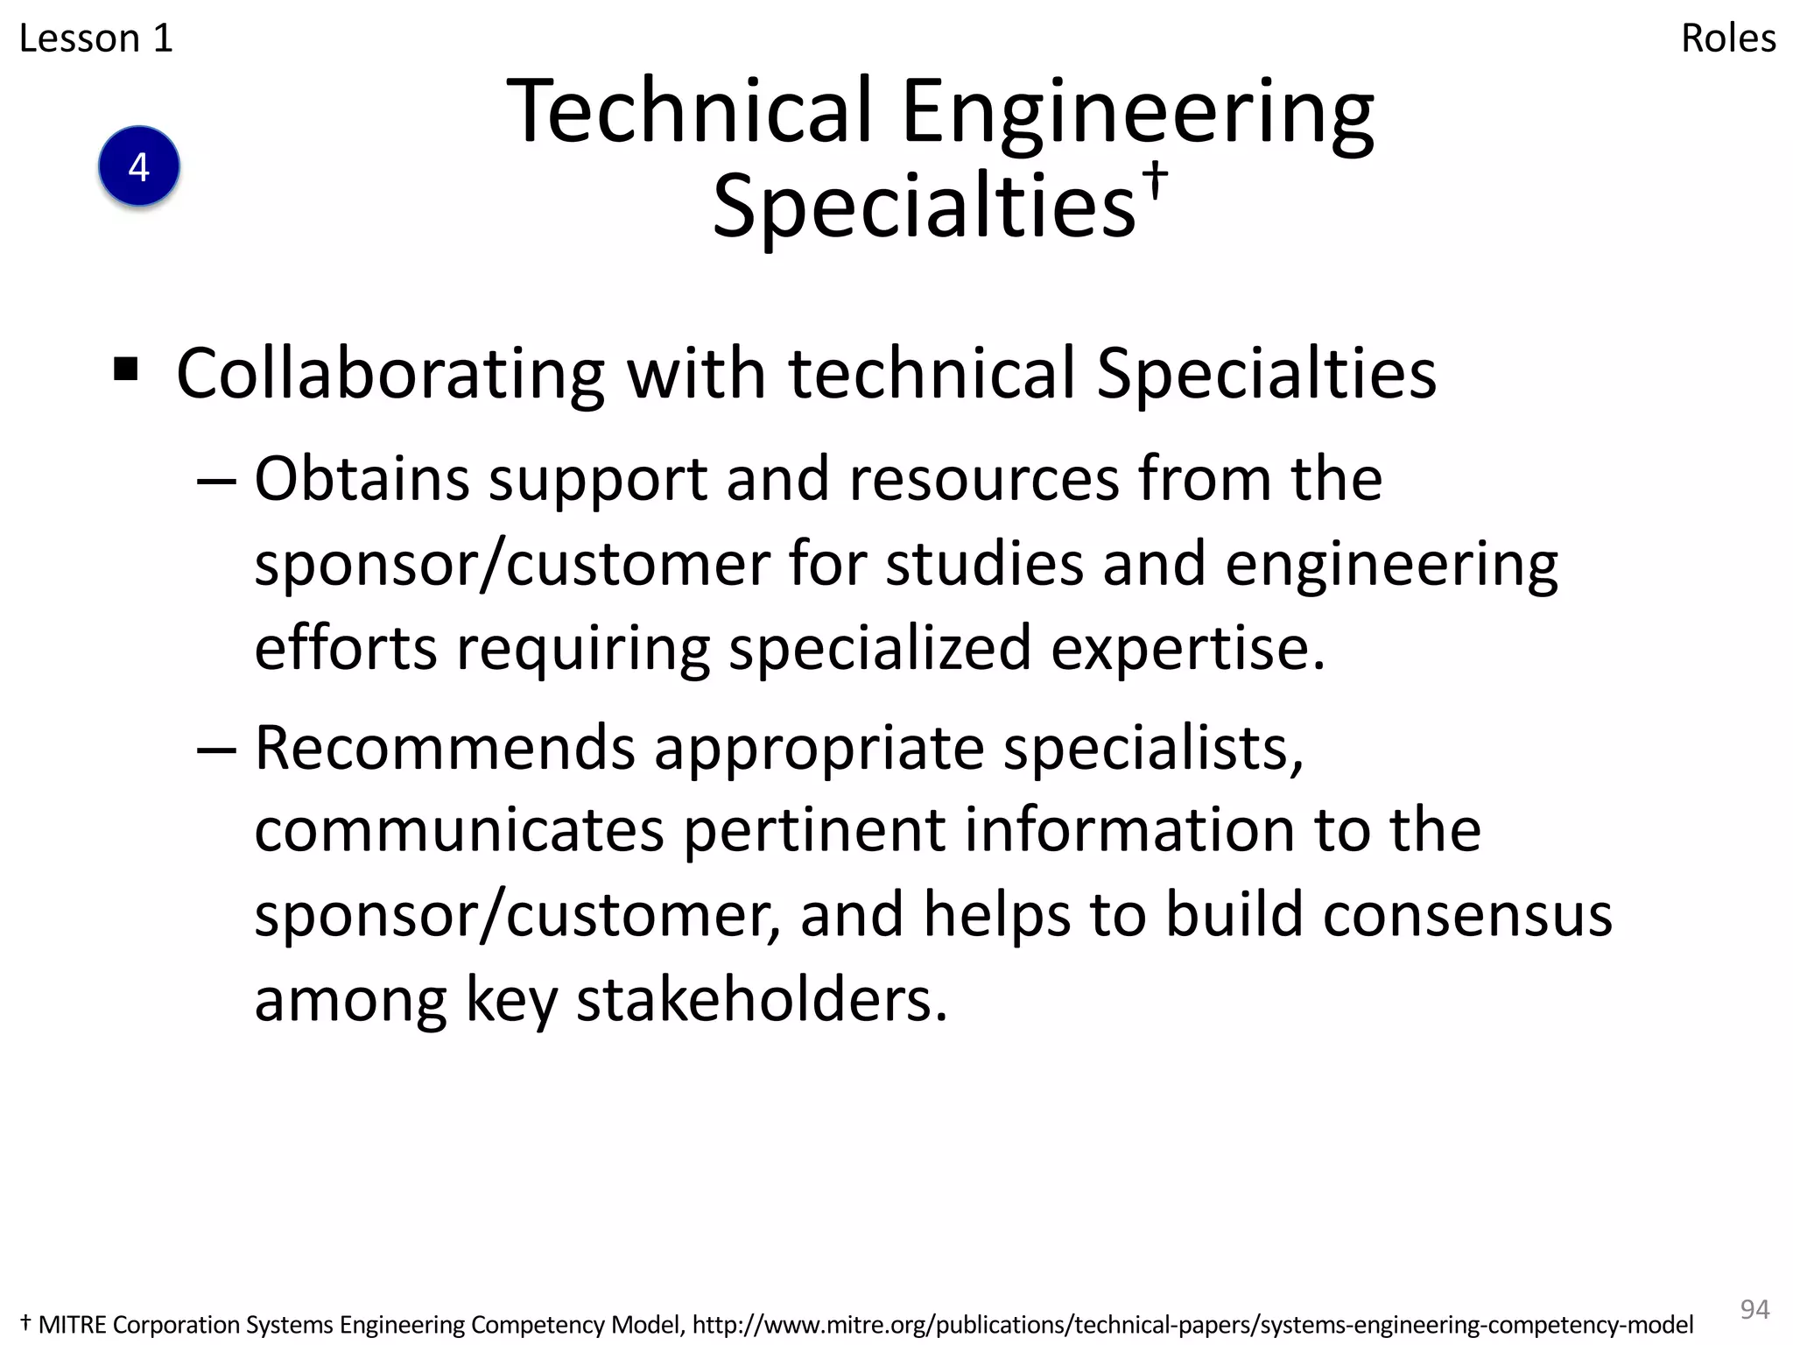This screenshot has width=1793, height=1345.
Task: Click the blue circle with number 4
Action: (x=139, y=166)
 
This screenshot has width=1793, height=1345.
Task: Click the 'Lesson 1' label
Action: (x=96, y=39)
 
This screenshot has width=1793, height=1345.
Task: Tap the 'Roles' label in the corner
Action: (x=1728, y=39)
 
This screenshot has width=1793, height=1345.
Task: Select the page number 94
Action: (x=1754, y=1308)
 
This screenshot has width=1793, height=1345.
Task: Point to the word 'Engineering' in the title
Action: (x=1137, y=114)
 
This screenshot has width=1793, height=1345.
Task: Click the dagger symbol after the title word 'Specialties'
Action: (x=1157, y=179)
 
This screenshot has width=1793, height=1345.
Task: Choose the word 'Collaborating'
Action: (x=390, y=375)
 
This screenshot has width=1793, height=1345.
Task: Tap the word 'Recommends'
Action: (x=445, y=748)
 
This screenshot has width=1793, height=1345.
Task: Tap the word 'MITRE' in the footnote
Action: (x=73, y=1325)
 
